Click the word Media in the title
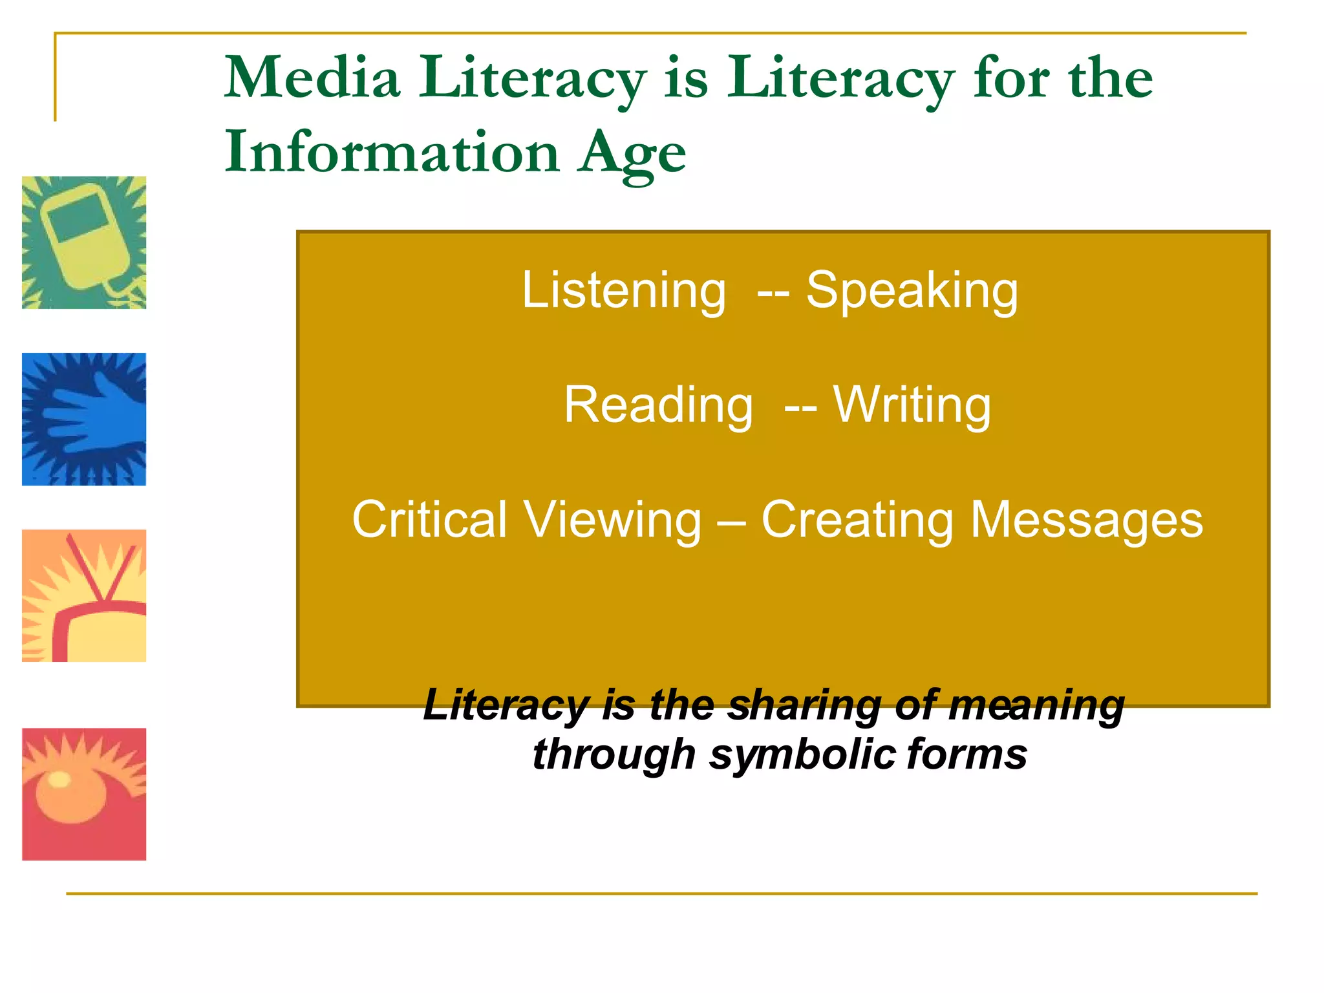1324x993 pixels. point(312,78)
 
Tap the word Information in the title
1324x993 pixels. point(392,153)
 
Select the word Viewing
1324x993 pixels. point(612,521)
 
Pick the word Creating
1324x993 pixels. point(857,521)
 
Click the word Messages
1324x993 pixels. point(1087,521)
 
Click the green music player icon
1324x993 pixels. point(84,242)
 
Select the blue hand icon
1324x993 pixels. point(84,419)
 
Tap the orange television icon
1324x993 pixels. point(84,595)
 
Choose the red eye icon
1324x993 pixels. point(84,794)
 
